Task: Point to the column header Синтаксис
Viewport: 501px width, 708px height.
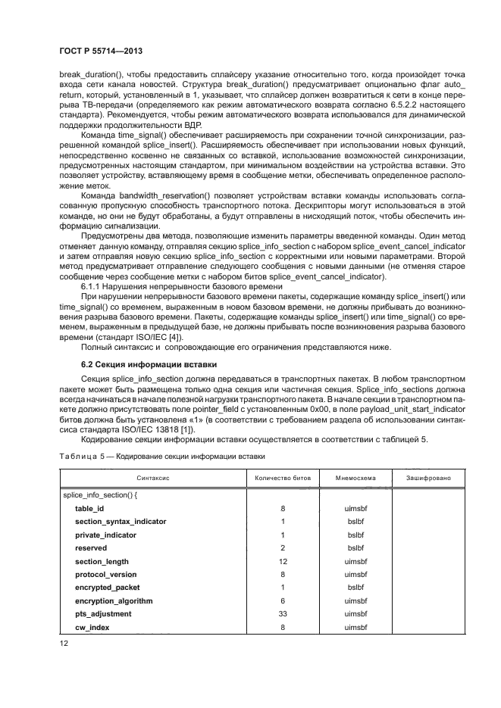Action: pyautogui.click(x=152, y=479)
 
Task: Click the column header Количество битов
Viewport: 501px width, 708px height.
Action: pyautogui.click(x=283, y=479)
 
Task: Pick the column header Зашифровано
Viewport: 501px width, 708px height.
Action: pyautogui.click(x=428, y=479)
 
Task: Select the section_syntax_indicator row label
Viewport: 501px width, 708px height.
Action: pyautogui.click(x=120, y=522)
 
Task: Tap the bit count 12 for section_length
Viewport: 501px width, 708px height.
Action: pyautogui.click(x=283, y=561)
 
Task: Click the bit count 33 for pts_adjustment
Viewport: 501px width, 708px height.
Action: pyautogui.click(x=283, y=613)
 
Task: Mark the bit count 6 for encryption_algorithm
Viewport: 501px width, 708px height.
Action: pyautogui.click(x=283, y=600)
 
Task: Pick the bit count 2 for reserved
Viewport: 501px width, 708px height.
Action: pyautogui.click(x=283, y=547)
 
